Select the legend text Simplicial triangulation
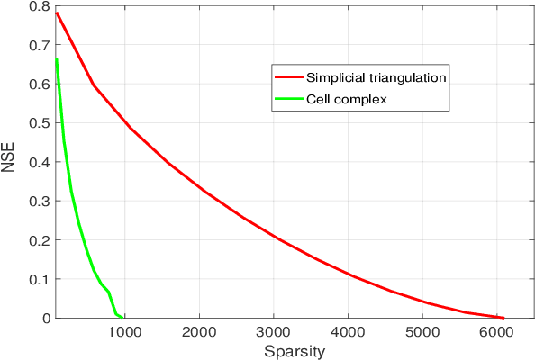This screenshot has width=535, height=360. coord(376,77)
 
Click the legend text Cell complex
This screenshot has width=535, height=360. coord(347,98)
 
